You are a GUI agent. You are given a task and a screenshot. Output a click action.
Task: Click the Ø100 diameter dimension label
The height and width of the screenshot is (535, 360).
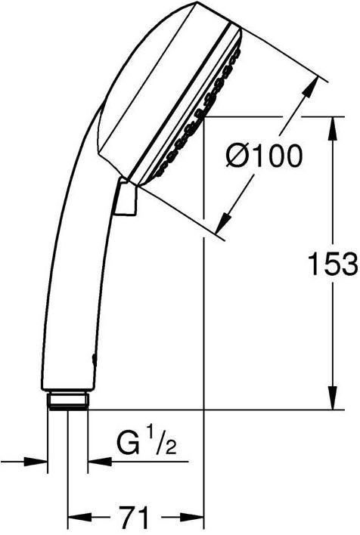coord(264,156)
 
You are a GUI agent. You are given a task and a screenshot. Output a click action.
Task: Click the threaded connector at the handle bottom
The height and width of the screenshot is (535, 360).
coord(68,401)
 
